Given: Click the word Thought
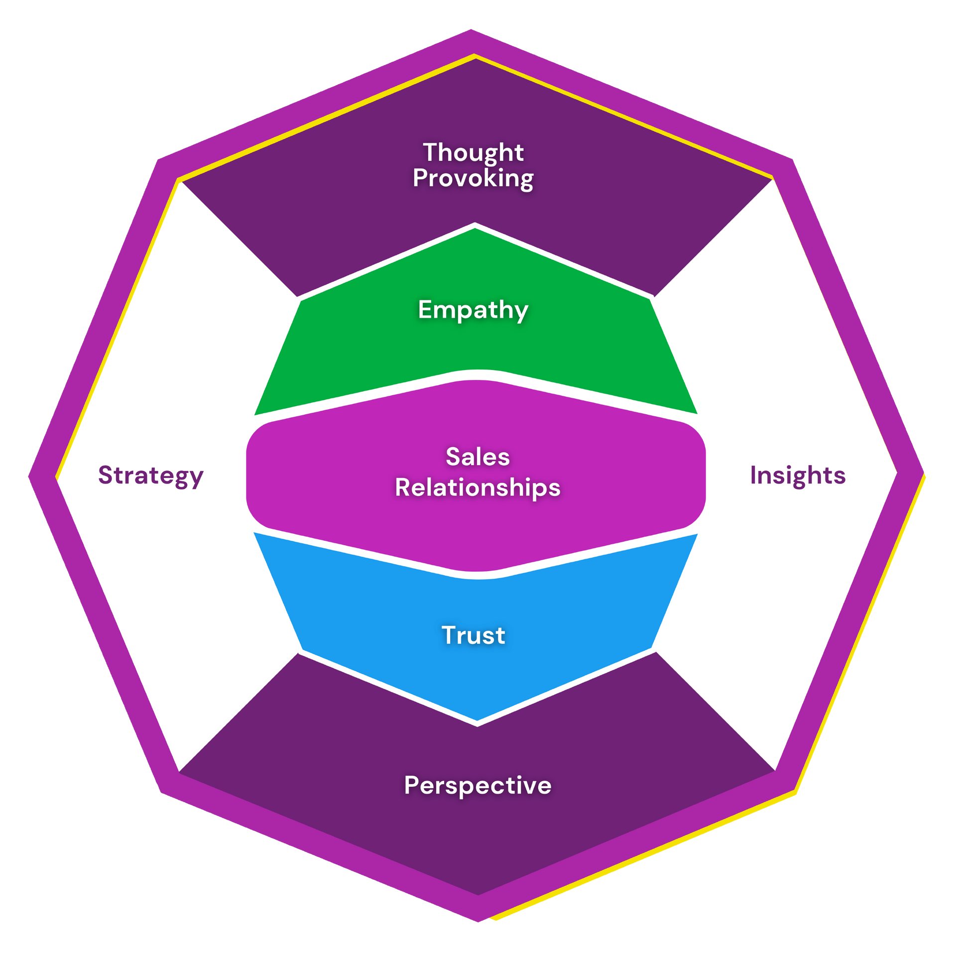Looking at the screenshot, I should tap(473, 152).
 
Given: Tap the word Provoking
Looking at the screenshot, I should tap(473, 178).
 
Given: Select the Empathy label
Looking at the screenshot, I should tap(473, 310).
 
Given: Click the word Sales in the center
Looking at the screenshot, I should tap(478, 457).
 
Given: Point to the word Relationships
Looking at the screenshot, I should tap(478, 487).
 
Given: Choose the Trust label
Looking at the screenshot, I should tap(473, 636).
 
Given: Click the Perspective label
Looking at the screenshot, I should tap(478, 785).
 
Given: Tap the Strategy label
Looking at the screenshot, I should tap(151, 476).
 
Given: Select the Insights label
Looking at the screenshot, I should tap(798, 476).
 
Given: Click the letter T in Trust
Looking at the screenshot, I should tap(449, 635).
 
